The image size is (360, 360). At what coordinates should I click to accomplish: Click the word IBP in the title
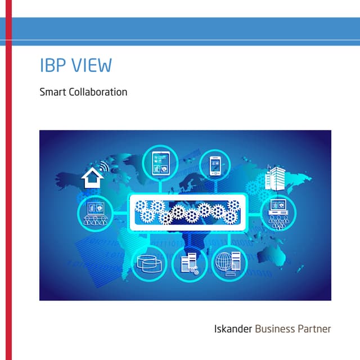point(51,65)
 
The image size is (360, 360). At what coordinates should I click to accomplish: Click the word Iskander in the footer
point(233,329)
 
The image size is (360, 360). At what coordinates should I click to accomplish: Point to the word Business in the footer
point(275,329)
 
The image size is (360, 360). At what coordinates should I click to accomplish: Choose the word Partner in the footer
point(315,329)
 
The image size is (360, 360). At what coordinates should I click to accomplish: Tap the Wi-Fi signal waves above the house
point(103,167)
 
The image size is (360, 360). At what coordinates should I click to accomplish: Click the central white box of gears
point(187,213)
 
